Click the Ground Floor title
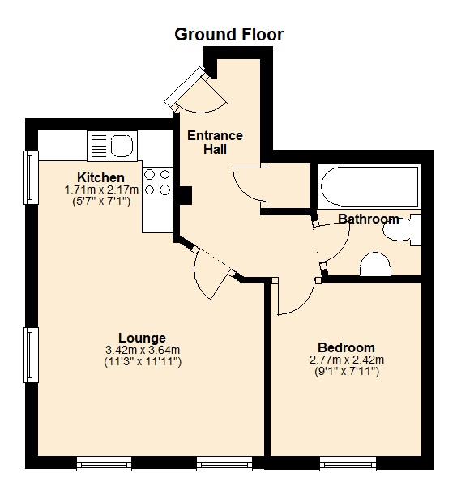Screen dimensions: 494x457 [229, 34]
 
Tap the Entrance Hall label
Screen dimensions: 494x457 [215, 143]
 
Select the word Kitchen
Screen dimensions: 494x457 [100, 177]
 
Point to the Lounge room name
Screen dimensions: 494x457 [142, 338]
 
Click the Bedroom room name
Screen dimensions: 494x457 [346, 347]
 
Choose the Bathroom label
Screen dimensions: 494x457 [368, 219]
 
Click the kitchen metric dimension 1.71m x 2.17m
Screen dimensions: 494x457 [101, 190]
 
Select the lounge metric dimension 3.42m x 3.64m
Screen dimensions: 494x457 [143, 350]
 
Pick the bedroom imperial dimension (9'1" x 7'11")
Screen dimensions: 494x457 [346, 371]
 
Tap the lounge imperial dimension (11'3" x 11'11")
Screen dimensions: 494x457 [143, 361]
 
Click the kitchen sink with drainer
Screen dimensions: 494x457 [111, 147]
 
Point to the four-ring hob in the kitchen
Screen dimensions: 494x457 [157, 182]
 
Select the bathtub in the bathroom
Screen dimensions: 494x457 [369, 187]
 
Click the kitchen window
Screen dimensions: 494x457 [31, 177]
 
